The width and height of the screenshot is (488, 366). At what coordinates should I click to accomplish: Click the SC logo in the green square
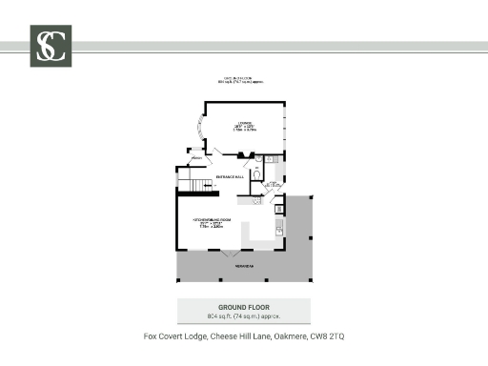[x=51, y=46]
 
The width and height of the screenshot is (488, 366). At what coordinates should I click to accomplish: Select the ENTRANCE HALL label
[x=230, y=177]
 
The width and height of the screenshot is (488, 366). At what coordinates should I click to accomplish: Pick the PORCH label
[x=196, y=157]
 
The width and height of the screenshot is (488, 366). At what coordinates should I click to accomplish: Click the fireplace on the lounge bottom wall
[x=242, y=154]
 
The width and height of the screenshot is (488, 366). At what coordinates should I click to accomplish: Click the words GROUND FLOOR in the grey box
[x=243, y=307]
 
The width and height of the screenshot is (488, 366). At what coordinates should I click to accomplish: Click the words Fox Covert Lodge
[x=172, y=336]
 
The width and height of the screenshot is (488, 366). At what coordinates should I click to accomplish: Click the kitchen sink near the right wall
[x=278, y=230]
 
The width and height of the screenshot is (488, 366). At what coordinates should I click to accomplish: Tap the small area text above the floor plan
[x=242, y=81]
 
